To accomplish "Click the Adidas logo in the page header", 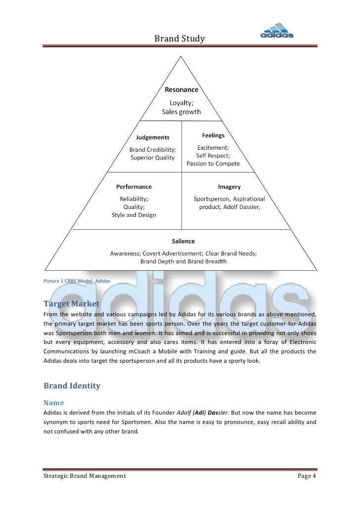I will coord(277,31).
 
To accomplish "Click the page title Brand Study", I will coord(180,38).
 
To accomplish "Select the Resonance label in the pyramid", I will coord(181,90).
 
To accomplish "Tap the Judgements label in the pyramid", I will coord(152,137).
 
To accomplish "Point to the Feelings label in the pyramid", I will coord(213,135).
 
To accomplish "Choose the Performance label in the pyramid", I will coord(134,187).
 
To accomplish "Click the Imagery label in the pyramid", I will coord(229,187).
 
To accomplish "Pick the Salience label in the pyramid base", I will coord(183,241).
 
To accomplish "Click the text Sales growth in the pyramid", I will coord(182,112).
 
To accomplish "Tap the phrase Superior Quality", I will coord(152,158).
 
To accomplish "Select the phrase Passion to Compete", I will coord(213,164).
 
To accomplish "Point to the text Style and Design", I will coord(134,215).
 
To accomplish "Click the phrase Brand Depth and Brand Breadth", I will coord(183,261).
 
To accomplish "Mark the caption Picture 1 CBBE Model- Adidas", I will coord(70,281).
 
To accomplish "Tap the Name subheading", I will coord(53,403).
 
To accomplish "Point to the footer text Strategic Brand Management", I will coord(85,476).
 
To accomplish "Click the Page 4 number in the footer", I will coord(307,476).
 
